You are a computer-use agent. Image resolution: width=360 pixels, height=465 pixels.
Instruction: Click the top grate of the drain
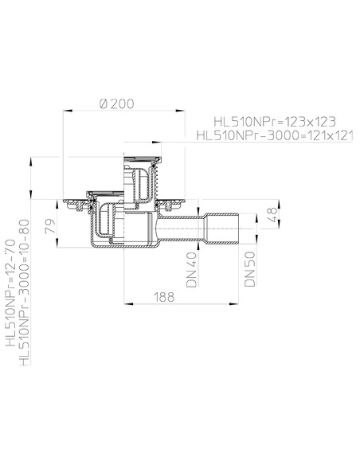coord(142,158)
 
